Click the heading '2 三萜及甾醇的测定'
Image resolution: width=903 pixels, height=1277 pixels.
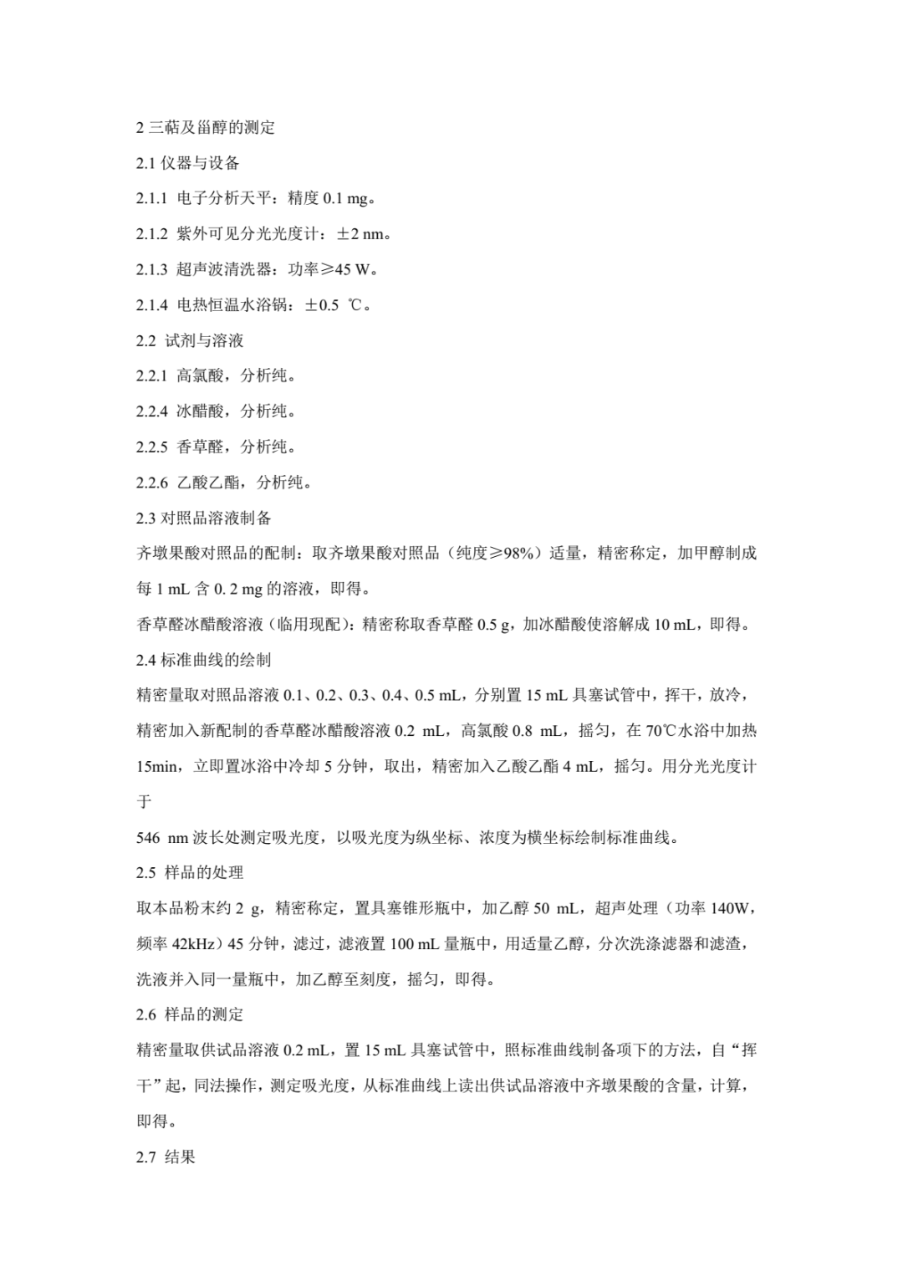[x=206, y=128]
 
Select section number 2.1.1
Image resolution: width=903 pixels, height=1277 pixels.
[x=152, y=199]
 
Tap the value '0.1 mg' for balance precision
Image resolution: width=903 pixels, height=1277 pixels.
[x=345, y=199]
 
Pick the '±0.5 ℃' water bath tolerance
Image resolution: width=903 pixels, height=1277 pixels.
[x=334, y=305]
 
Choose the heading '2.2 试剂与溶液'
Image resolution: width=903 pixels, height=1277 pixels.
[x=190, y=341]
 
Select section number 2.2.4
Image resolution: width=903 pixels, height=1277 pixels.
[x=152, y=411]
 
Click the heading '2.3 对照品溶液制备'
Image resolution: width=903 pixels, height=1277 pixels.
[x=204, y=518]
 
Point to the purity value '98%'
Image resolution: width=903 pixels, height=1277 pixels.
[x=517, y=554]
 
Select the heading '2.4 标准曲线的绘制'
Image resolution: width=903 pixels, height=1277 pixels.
[x=204, y=660]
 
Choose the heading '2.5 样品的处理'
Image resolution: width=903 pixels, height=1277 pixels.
[x=190, y=873]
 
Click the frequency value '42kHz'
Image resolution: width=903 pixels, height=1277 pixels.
[x=196, y=944]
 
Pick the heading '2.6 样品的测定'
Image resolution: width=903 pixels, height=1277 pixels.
[x=190, y=1015]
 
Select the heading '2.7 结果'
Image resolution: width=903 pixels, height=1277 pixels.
[x=166, y=1157]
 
